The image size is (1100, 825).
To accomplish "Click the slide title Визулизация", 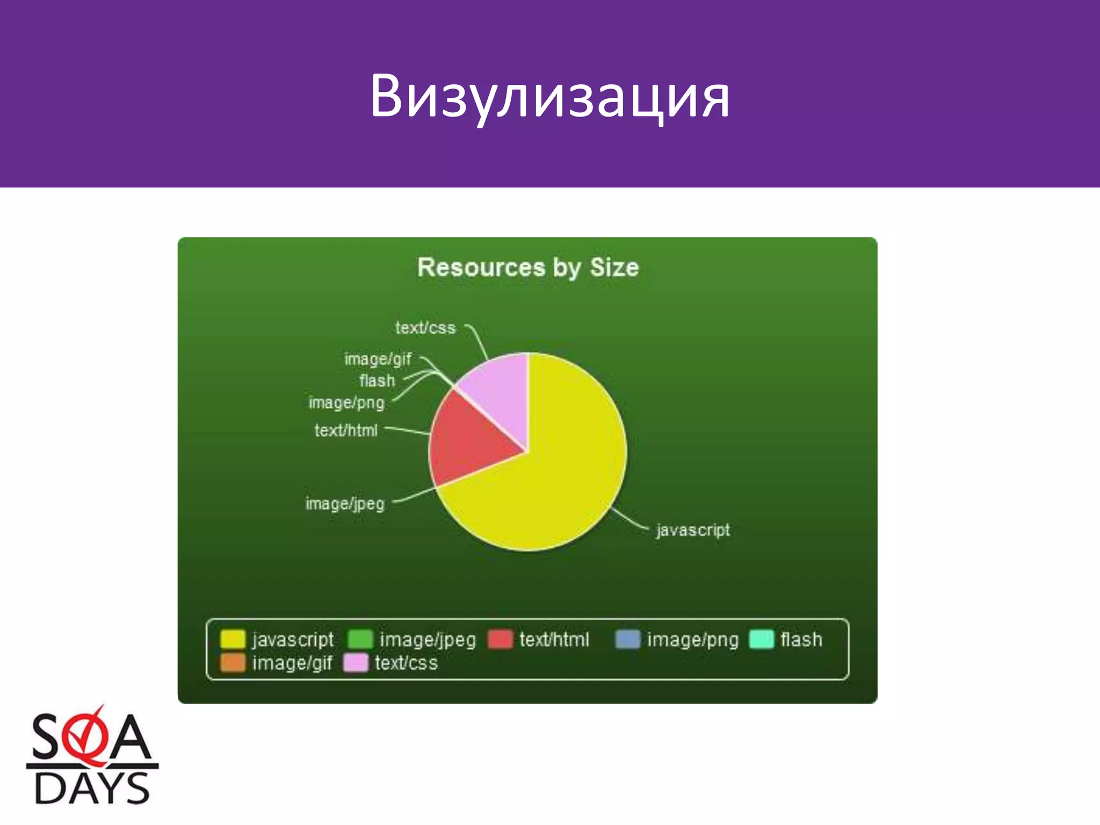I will pos(549,97).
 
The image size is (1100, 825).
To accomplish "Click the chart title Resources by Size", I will pos(528,267).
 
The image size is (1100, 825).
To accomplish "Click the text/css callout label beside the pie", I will pos(425,328).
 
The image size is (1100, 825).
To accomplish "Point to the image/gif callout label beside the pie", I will pos(378,359).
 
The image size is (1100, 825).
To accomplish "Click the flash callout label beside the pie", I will pos(377,381).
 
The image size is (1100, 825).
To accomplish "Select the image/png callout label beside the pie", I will pos(347,403).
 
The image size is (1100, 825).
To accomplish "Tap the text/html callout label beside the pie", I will pos(346,430).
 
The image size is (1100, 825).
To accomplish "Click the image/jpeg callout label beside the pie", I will pos(345,504).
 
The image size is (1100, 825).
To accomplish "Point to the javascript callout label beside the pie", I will pos(693,530).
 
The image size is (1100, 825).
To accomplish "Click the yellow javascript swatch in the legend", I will pos(233,640).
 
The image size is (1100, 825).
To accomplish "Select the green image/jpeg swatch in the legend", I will pos(360,640).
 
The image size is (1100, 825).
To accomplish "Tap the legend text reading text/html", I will pos(554,640).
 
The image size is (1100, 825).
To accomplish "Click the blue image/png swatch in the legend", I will pos(627,640).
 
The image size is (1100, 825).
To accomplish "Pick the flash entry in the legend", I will pos(801,640).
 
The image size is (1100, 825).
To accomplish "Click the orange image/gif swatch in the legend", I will pos(233,663).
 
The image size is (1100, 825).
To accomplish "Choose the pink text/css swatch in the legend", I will pos(356,663).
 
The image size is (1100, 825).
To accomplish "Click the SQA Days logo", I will pos(92,757).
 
